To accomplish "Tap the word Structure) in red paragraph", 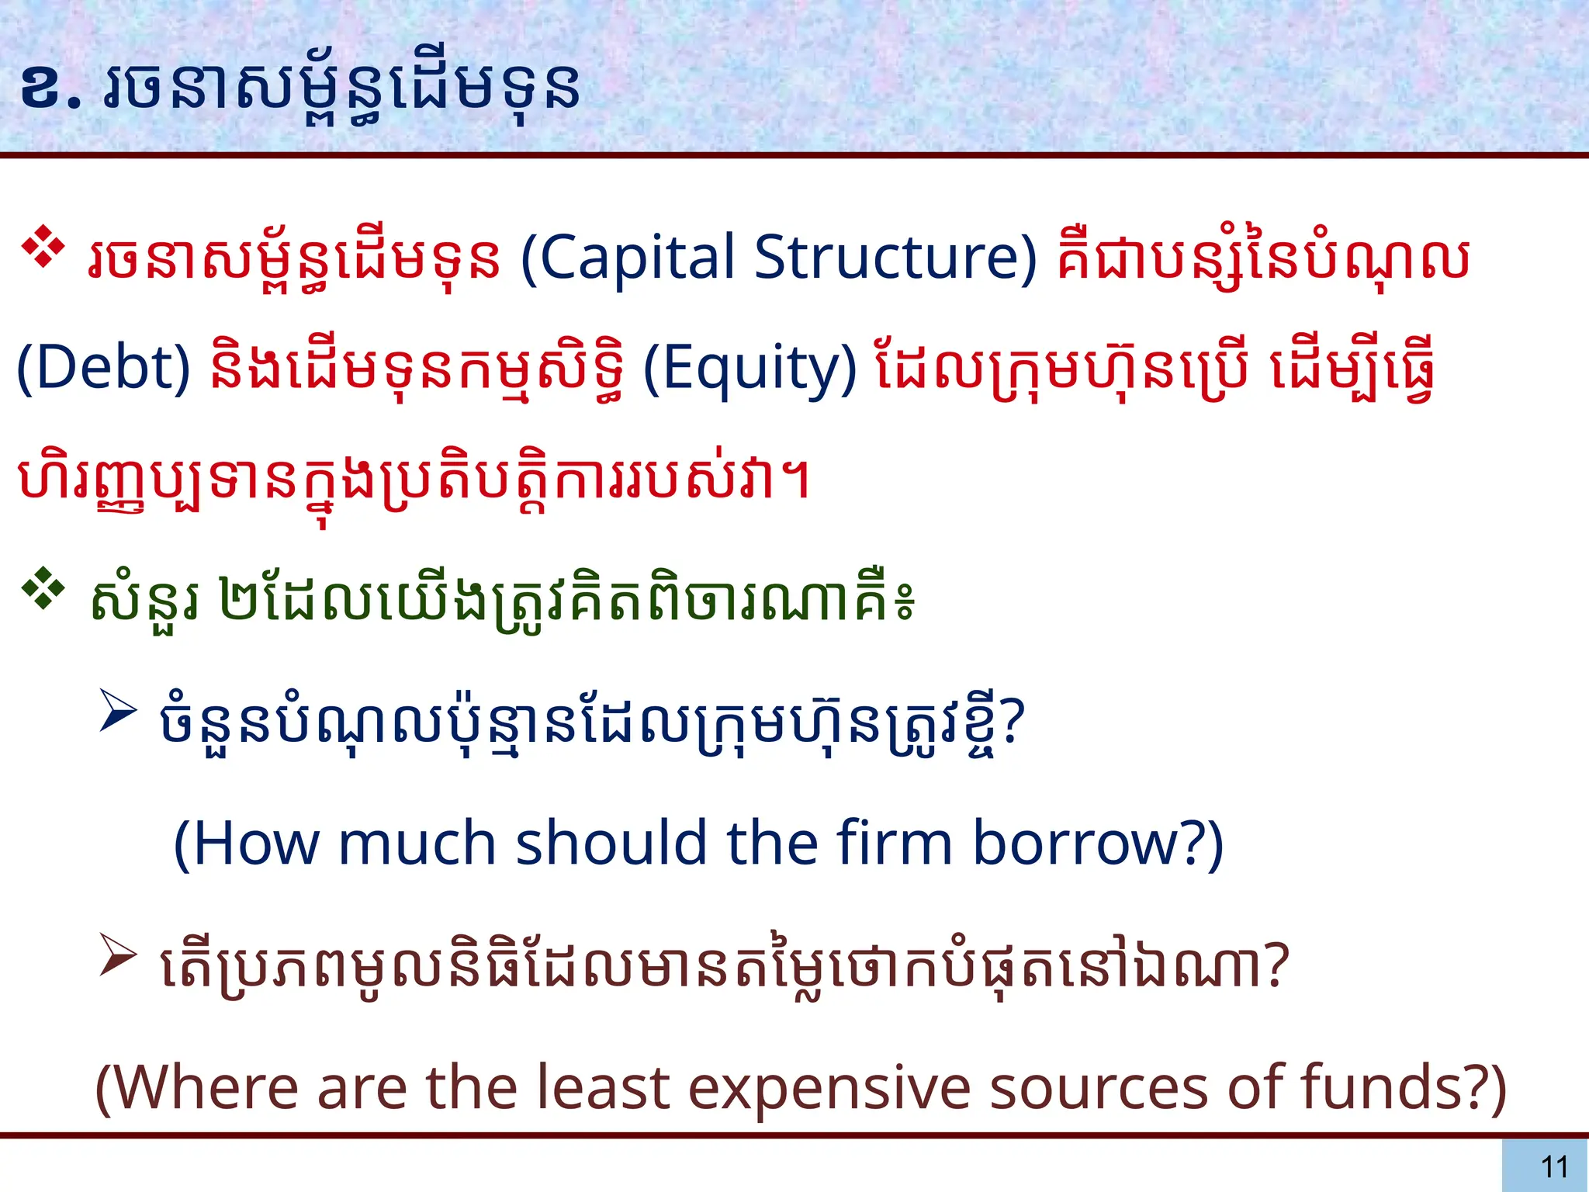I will coord(895,258).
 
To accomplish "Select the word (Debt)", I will coord(103,368).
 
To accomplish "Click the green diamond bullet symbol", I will coord(43,590).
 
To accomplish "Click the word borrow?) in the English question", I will coord(1097,844).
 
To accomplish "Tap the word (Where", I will coord(196,1088).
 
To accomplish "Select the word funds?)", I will coord(1403,1088).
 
